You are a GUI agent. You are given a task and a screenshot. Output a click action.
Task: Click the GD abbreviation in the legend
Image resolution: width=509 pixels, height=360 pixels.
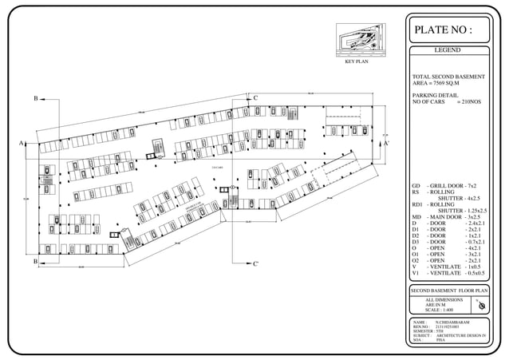coord(416,185)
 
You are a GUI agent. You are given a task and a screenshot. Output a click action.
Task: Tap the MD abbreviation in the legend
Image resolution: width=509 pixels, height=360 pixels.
coord(416,217)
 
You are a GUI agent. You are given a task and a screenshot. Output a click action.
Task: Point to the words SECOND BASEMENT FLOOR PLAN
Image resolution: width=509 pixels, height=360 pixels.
coord(448,291)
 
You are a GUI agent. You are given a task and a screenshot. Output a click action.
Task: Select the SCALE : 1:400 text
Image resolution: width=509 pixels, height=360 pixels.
coord(443,311)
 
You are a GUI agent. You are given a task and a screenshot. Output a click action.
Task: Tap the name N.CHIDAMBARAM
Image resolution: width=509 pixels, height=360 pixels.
coord(454,321)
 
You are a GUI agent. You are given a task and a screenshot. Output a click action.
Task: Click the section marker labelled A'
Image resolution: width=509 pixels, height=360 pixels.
coord(387,144)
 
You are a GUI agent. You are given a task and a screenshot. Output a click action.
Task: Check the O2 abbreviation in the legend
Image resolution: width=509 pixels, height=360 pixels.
coord(416,260)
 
